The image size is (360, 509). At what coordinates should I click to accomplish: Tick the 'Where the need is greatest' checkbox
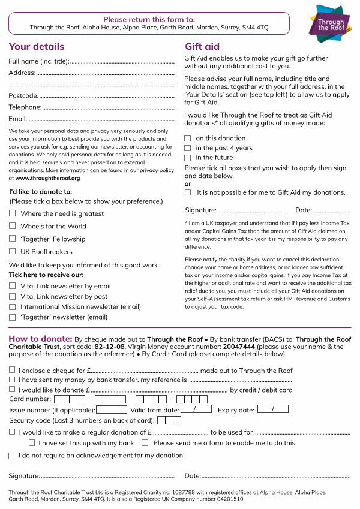(x=12, y=213)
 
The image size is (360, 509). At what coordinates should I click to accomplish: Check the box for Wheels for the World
(x=12, y=226)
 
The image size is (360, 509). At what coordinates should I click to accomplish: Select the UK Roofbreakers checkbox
(x=12, y=252)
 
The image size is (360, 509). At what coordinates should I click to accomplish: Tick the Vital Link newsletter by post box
(x=12, y=296)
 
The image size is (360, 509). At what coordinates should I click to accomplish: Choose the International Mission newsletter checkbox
(x=12, y=306)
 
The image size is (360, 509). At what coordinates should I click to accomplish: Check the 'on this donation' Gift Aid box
(x=188, y=138)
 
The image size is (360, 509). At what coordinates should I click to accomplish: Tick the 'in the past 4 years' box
(x=188, y=148)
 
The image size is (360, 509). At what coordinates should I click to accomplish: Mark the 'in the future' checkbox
(x=188, y=158)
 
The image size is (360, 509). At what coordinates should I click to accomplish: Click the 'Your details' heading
(x=37, y=47)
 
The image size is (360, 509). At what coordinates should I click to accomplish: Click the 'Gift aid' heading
(x=202, y=47)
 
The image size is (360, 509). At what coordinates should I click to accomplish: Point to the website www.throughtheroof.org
(x=47, y=178)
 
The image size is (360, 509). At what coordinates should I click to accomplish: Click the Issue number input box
(x=111, y=410)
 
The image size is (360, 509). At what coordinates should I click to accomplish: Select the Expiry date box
(x=272, y=409)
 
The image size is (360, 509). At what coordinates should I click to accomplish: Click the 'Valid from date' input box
(x=196, y=409)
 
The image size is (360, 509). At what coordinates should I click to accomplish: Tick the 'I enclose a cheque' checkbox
(x=12, y=371)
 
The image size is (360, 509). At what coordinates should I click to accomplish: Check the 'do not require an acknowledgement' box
(x=12, y=456)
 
